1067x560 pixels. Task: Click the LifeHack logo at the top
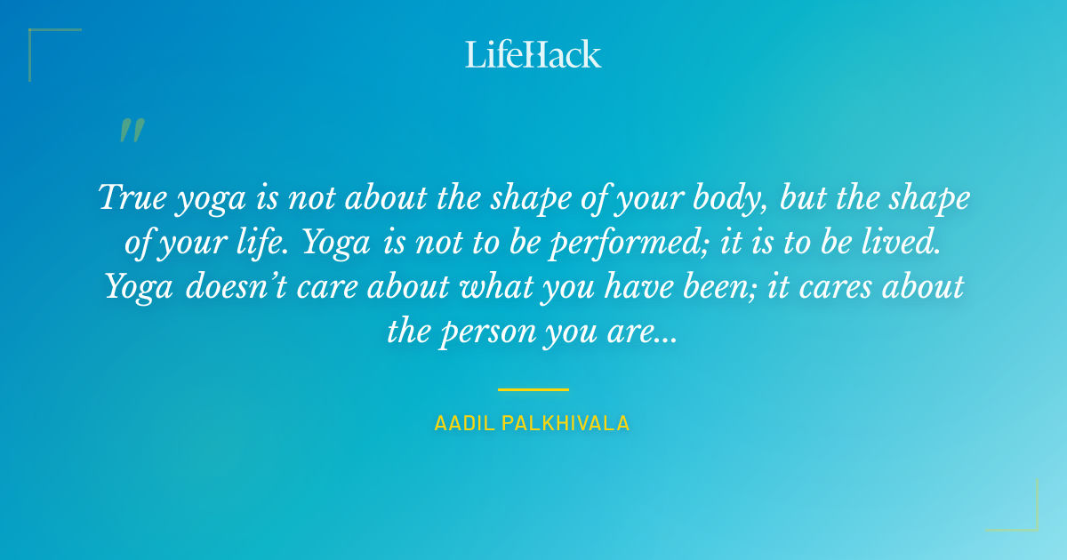click(533, 54)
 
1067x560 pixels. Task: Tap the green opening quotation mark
click(132, 131)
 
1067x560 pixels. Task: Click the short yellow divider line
click(533, 389)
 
